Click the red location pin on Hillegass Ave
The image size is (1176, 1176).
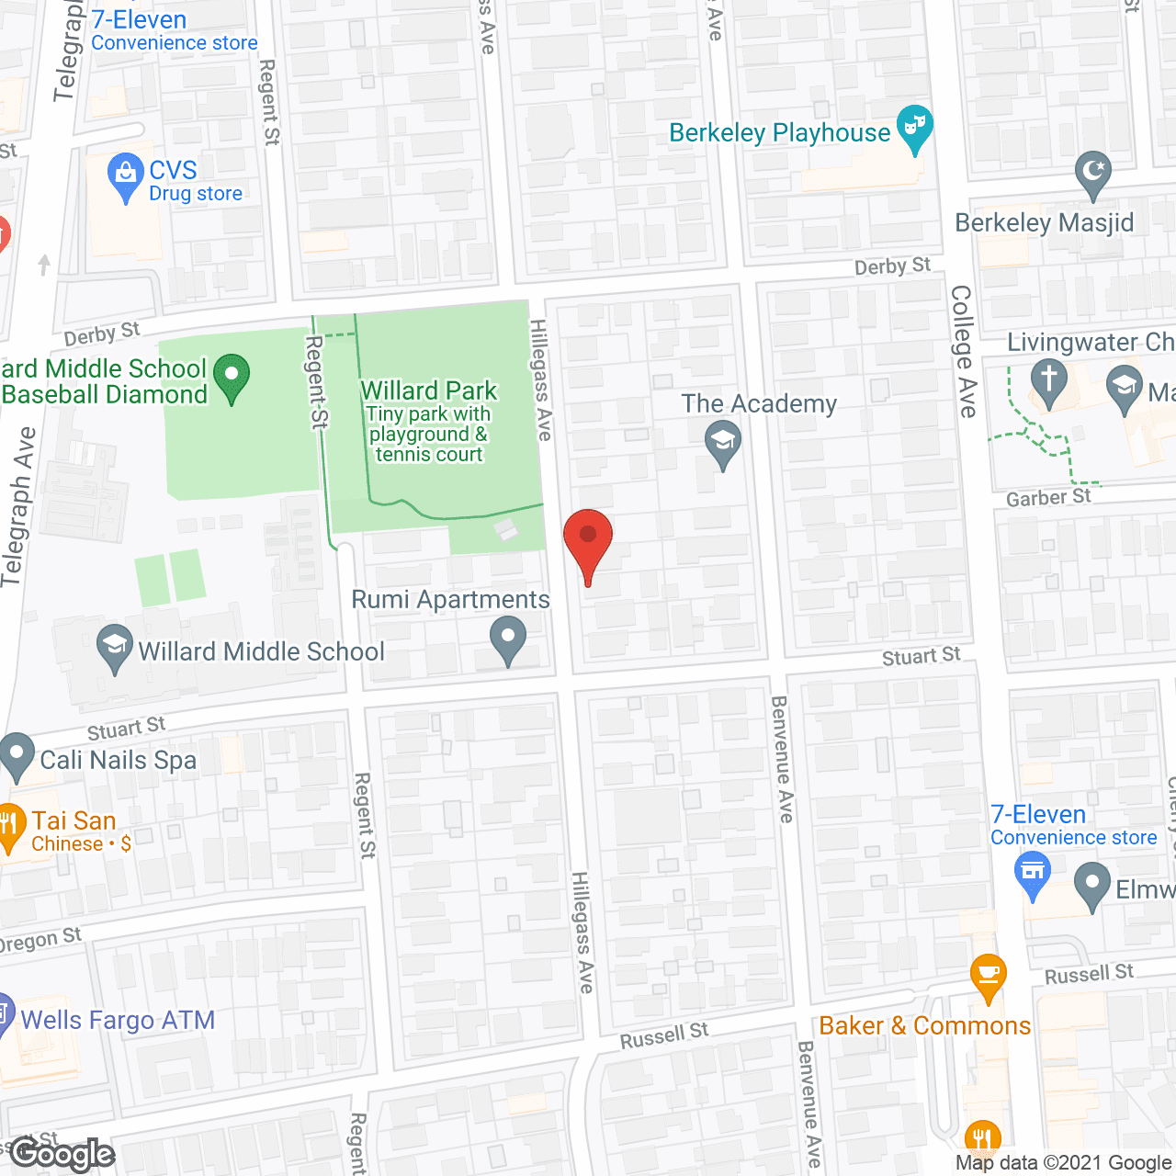[x=587, y=542]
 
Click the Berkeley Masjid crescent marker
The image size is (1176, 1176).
[x=1092, y=173]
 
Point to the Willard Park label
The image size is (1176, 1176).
[x=428, y=391]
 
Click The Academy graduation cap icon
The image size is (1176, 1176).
[x=723, y=443]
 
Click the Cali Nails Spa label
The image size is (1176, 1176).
[x=119, y=761]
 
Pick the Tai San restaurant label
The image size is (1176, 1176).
[x=74, y=821]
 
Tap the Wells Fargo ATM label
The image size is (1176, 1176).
[x=118, y=1021]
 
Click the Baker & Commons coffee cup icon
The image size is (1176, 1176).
[x=989, y=975]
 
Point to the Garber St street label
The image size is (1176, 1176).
[x=1048, y=498]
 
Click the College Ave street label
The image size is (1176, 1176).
[x=963, y=351]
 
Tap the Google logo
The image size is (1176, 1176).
[x=62, y=1154]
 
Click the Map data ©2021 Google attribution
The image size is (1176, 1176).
[x=1064, y=1163]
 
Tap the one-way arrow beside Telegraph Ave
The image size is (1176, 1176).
[x=44, y=265]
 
